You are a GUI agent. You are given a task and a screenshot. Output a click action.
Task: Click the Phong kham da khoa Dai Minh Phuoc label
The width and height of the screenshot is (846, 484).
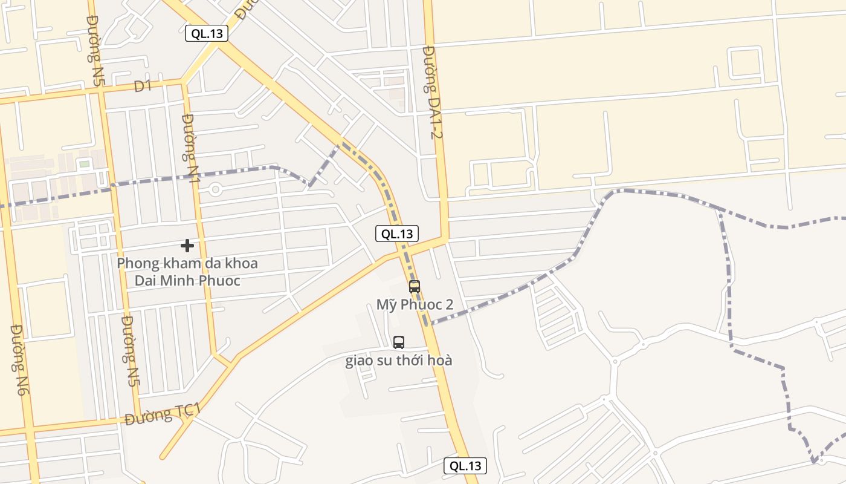coord(187,272)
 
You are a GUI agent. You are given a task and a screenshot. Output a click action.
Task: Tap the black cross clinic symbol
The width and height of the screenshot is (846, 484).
coord(187,245)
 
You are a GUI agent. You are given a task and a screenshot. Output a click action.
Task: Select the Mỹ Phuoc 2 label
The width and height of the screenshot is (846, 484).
coord(415,304)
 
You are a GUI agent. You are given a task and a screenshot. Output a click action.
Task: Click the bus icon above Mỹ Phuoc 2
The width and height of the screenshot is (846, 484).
coord(414,287)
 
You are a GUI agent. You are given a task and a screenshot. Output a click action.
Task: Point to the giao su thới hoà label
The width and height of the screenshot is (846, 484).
coord(399,361)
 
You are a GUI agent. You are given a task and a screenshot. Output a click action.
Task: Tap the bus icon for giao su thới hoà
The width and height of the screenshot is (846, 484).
coord(399,342)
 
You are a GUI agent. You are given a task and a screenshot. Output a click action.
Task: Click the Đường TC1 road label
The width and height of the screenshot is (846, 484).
coord(163,414)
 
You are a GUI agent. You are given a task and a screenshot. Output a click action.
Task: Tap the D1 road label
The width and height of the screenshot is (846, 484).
coord(143,87)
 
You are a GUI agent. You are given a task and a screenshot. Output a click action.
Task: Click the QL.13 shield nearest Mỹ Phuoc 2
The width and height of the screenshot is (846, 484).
coord(397,234)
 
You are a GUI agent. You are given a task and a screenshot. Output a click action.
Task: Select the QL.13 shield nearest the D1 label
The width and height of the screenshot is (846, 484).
coord(207,33)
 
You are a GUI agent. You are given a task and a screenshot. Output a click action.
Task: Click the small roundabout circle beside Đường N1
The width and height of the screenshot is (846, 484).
coord(215,189)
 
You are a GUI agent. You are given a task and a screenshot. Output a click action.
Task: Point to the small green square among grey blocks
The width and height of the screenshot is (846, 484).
coord(84,164)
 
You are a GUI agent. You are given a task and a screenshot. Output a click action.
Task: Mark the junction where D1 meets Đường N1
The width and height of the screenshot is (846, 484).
coord(182,83)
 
